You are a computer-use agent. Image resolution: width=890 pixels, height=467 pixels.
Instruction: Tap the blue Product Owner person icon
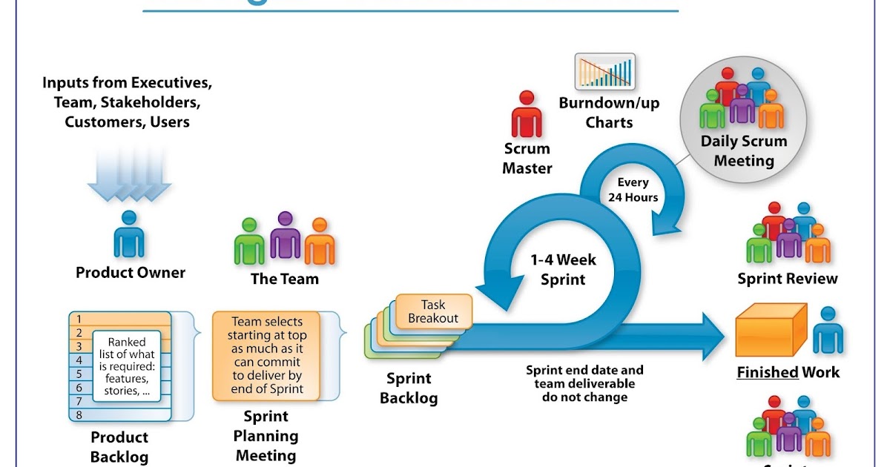pos(129,234)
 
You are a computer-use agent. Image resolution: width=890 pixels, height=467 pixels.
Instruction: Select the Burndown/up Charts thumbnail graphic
pos(604,72)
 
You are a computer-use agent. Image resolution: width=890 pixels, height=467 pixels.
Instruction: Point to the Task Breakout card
pos(434,311)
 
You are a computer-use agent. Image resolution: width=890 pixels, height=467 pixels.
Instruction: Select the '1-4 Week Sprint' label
pos(563,270)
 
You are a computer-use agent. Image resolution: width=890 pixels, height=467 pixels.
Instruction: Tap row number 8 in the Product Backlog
pos(79,415)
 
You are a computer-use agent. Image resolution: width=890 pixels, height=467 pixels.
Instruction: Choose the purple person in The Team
pos(285,236)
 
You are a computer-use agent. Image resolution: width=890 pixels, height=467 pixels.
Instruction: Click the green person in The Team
pos(249,242)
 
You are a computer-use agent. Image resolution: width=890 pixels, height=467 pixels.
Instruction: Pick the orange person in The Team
pos(320,242)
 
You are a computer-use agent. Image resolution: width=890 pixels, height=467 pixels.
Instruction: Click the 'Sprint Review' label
pos(787,279)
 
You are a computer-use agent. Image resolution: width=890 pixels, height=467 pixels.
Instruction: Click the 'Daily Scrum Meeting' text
pos(743,150)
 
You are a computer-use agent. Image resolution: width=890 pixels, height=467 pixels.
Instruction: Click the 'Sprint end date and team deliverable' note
pos(584,383)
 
